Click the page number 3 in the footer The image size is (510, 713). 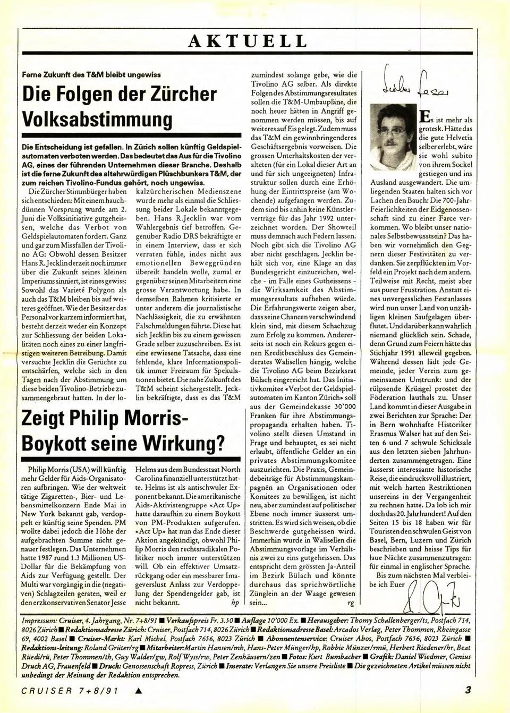[467, 691]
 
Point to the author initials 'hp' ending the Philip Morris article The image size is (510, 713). [235, 604]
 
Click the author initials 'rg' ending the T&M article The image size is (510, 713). [350, 604]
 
